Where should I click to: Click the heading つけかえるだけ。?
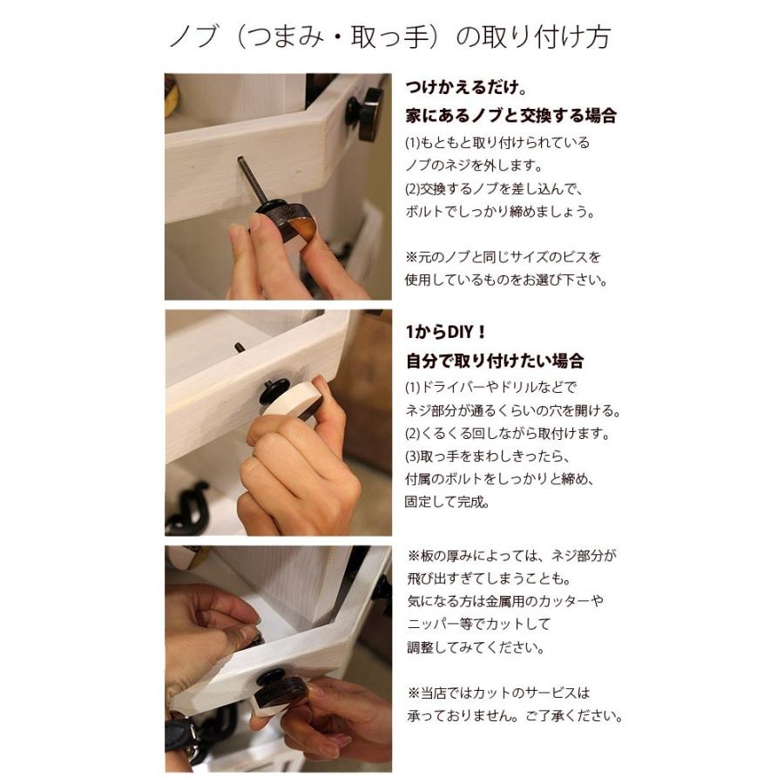pyautogui.click(x=465, y=89)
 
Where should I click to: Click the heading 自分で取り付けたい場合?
pyautogui.click(x=494, y=361)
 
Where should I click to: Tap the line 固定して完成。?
pyautogui.click(x=447, y=502)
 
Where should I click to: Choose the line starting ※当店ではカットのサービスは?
pyautogui.click(x=498, y=693)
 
